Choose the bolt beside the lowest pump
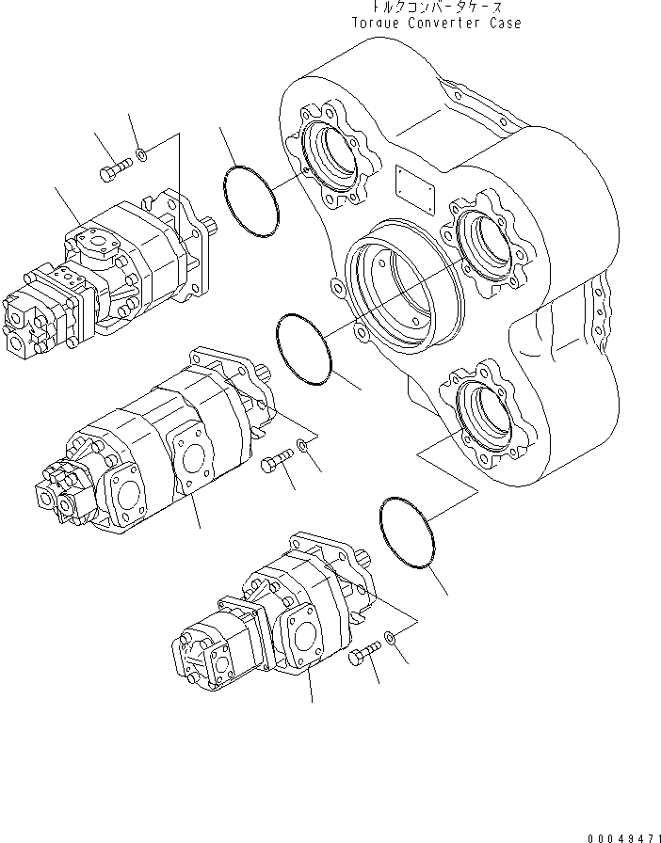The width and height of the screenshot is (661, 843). tap(363, 656)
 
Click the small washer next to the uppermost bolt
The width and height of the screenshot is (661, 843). tap(140, 153)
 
